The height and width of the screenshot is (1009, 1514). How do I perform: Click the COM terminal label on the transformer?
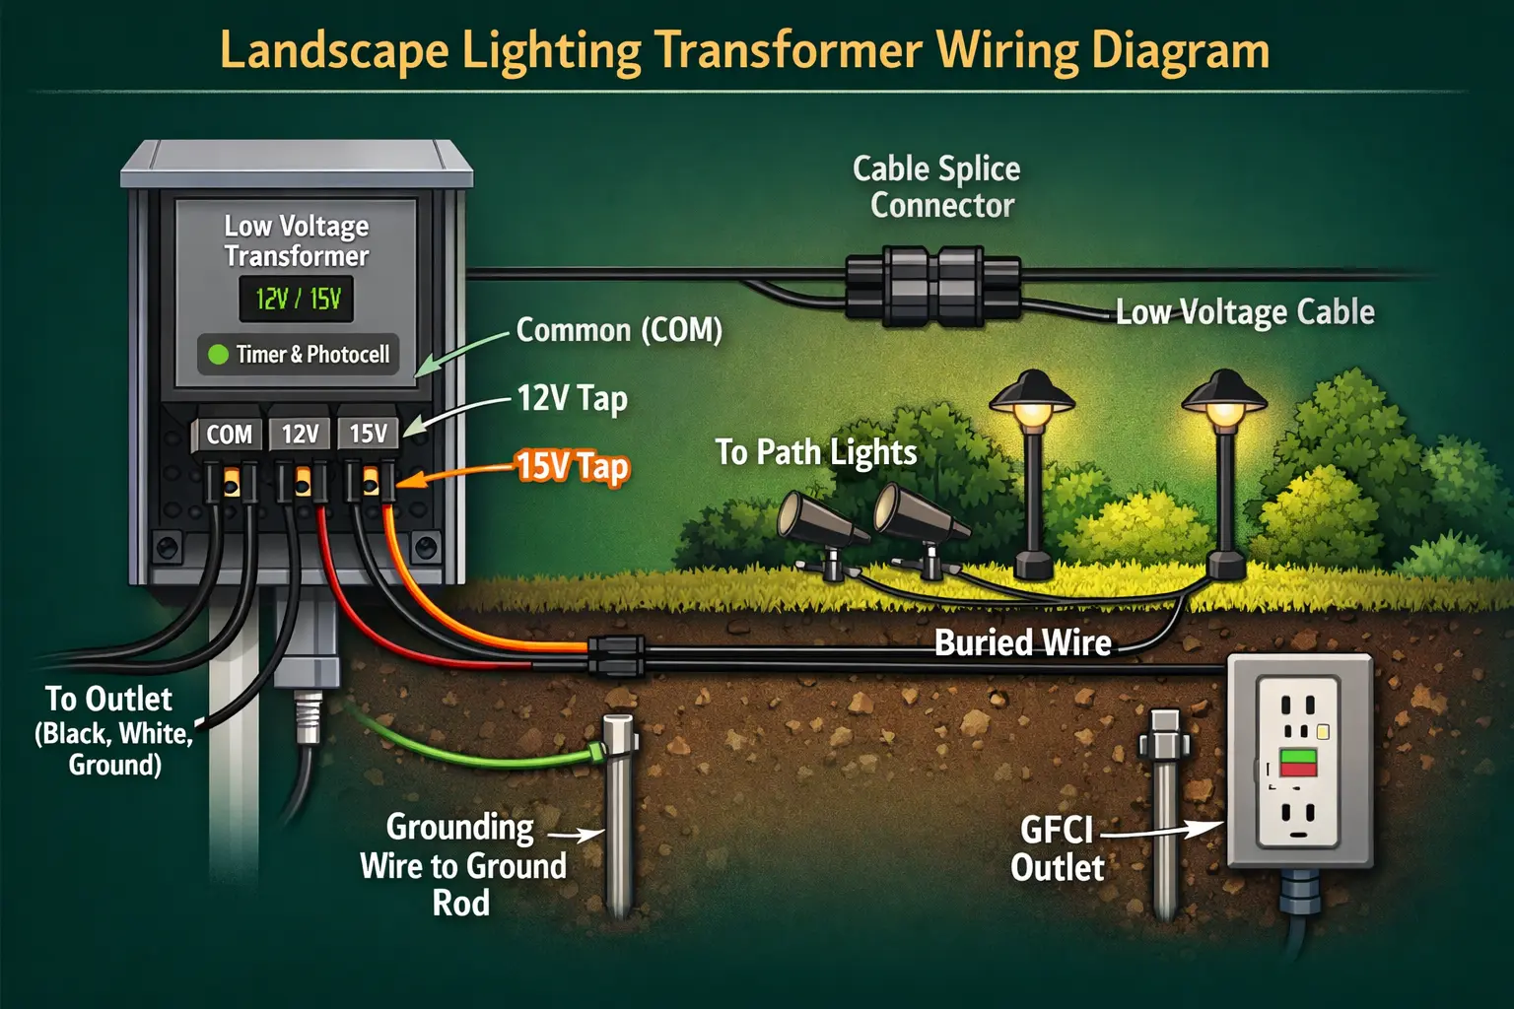[x=229, y=435]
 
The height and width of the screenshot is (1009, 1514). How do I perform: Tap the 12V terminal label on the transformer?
[x=300, y=435]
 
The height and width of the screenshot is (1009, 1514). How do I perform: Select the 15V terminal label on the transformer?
[x=368, y=434]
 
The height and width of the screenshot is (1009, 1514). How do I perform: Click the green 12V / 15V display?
[x=297, y=299]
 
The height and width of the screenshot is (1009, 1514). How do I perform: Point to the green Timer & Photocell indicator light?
[x=218, y=354]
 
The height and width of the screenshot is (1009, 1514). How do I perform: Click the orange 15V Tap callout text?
[x=572, y=466]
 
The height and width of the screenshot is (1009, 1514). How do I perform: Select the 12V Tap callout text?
[x=572, y=398]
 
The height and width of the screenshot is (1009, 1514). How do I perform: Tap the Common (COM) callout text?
[x=619, y=330]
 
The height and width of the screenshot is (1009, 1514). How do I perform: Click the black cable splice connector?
[x=932, y=286]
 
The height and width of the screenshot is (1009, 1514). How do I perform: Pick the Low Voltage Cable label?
[x=1245, y=312]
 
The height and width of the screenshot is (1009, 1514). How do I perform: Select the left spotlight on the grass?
[x=818, y=523]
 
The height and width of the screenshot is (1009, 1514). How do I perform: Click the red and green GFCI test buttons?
[x=1298, y=763]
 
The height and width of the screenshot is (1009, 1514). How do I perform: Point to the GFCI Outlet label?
[x=1058, y=848]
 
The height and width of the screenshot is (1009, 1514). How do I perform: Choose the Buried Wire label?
[x=1022, y=643]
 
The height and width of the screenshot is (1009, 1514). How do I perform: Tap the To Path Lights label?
[x=816, y=452]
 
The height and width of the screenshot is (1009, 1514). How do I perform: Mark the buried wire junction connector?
[x=616, y=656]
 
